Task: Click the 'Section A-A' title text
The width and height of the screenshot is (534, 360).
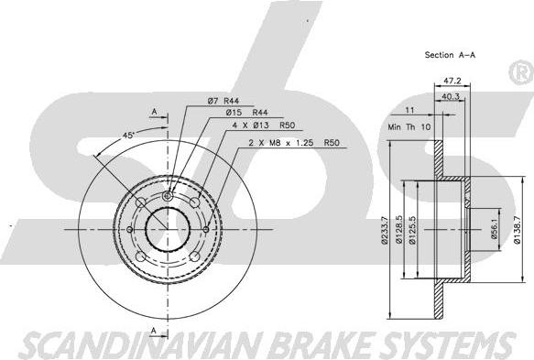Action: (x=450, y=55)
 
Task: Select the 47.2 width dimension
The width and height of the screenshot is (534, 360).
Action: (x=452, y=81)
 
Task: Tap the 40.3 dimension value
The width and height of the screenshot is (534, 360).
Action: (x=451, y=97)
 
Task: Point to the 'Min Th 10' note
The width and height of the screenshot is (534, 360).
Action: (x=409, y=127)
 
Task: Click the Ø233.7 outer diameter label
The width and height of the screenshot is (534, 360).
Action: (x=385, y=231)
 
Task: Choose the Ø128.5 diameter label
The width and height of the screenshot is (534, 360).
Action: (x=398, y=230)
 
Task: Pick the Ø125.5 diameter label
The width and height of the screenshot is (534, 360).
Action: (x=412, y=231)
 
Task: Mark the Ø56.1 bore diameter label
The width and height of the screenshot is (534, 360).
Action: (x=494, y=229)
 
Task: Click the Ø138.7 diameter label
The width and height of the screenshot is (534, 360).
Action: (x=517, y=230)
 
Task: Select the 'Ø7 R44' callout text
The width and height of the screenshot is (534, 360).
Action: (x=223, y=101)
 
